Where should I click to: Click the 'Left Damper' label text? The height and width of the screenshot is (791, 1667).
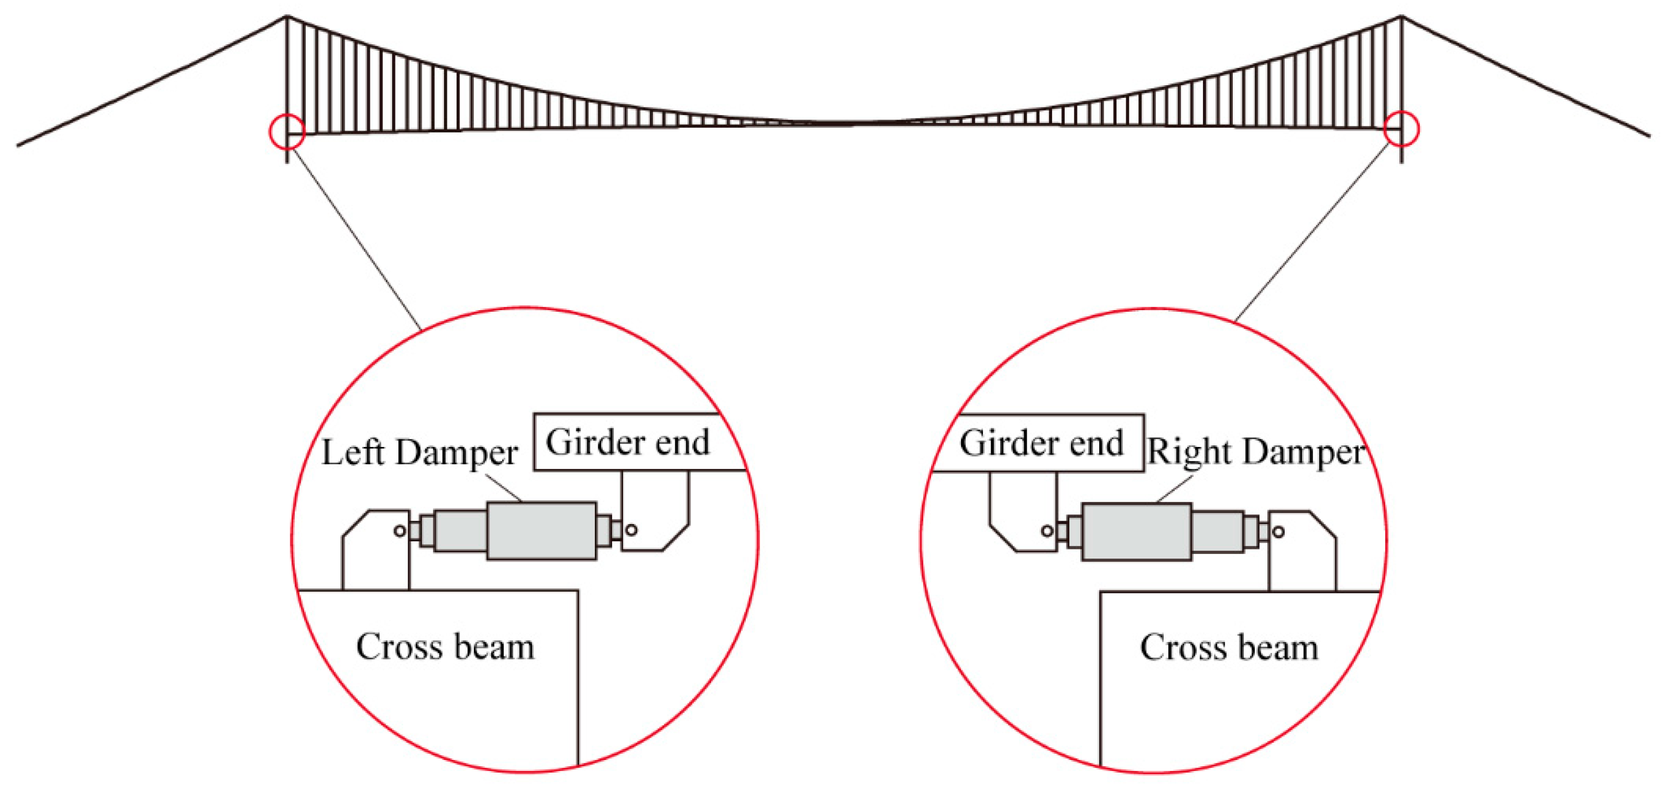419,452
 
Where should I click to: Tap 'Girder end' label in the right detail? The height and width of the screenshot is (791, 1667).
1041,444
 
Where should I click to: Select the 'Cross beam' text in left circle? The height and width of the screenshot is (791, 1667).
445,647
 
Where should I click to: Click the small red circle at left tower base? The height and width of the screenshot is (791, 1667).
287,131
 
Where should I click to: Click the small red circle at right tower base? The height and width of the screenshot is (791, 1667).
1401,130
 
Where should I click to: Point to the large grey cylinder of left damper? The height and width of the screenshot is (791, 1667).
541,530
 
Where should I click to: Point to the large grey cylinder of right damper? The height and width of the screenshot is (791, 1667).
1136,532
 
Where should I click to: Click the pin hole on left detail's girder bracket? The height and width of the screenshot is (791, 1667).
632,530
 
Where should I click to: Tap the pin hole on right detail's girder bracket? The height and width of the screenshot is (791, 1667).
1047,531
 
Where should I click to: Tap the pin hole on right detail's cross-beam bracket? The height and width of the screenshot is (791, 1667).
1278,532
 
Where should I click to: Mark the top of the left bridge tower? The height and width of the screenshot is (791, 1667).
287,17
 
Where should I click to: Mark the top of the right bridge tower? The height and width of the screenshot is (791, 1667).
1402,17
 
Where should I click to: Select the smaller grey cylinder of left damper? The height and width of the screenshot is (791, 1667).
460,531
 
